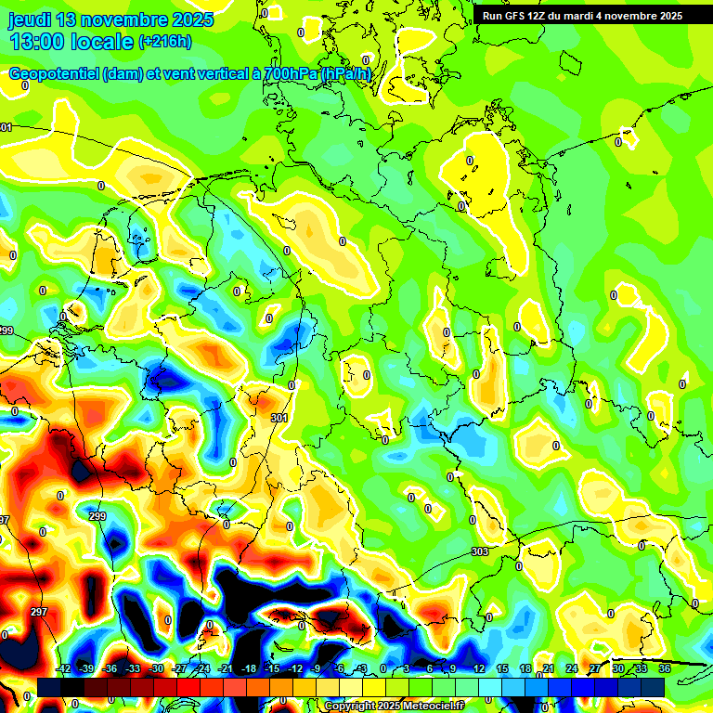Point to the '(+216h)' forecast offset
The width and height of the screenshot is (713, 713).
(x=165, y=42)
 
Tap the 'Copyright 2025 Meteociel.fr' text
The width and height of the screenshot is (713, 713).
(x=395, y=707)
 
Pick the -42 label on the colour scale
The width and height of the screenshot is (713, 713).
(x=64, y=668)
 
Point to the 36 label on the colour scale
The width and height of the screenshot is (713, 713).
(x=665, y=668)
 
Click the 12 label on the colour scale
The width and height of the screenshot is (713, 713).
(x=478, y=668)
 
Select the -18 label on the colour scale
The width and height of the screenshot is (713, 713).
(x=249, y=668)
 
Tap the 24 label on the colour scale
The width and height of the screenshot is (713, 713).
(x=572, y=668)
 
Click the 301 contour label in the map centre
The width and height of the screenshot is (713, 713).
(x=279, y=419)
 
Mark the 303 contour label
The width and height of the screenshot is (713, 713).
(x=480, y=551)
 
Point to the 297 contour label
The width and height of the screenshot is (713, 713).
(x=39, y=612)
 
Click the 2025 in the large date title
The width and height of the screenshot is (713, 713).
(x=190, y=19)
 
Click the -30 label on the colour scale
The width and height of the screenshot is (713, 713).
(x=156, y=668)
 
